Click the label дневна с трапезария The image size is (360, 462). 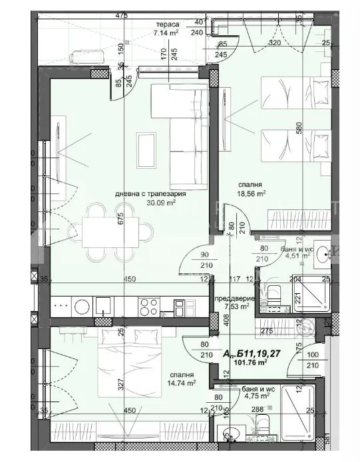(150, 194)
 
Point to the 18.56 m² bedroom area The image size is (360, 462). (252, 194)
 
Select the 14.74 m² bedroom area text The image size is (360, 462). (182, 383)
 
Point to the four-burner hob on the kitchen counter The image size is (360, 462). (147, 306)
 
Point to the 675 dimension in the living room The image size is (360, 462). (122, 219)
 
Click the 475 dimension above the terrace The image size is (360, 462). (120, 15)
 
